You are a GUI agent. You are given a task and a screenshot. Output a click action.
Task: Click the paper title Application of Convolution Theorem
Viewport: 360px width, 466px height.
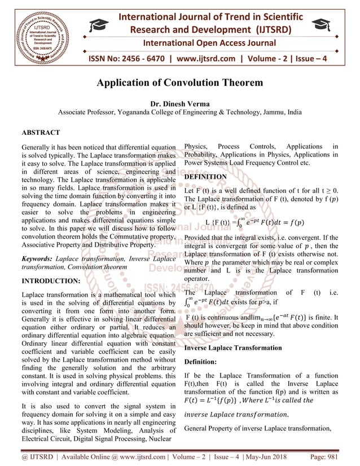click(x=180, y=83)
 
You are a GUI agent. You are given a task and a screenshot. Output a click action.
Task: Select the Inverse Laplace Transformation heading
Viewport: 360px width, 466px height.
click(x=233, y=348)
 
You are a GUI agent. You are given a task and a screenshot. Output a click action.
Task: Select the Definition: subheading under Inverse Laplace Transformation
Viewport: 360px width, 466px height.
click(x=201, y=361)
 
